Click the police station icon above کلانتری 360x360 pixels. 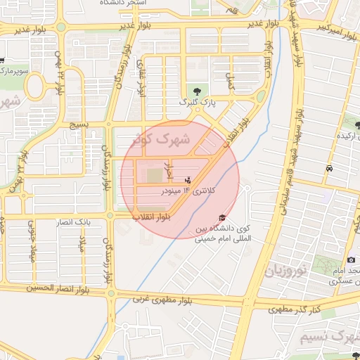(x=187, y=179)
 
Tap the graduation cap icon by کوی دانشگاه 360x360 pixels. (x=223, y=218)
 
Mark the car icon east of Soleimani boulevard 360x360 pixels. (x=329, y=169)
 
